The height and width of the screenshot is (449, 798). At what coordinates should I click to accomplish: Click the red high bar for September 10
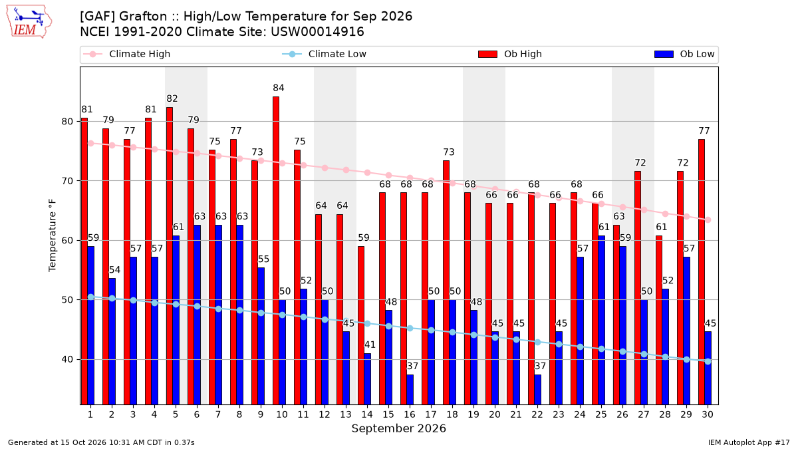pyautogui.click(x=276, y=251)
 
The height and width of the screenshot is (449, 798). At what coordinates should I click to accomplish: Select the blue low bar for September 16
pyautogui.click(x=410, y=390)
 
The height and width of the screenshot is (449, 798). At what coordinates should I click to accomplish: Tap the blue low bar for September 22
pyautogui.click(x=537, y=390)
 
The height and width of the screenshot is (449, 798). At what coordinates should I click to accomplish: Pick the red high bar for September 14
pyautogui.click(x=361, y=325)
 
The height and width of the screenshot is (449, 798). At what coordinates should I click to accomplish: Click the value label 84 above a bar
pyautogui.click(x=279, y=88)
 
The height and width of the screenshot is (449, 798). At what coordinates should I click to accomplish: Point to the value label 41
pyautogui.click(x=370, y=345)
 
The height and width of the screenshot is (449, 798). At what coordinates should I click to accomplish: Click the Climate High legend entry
pyautogui.click(x=127, y=54)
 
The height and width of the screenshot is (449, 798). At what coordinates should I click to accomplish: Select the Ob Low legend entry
pyautogui.click(x=684, y=54)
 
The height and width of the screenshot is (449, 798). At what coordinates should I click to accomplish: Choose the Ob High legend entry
pyautogui.click(x=510, y=54)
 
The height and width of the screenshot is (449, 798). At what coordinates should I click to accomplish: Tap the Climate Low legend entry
pyautogui.click(x=325, y=54)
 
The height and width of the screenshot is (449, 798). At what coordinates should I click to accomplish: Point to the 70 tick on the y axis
pyautogui.click(x=67, y=181)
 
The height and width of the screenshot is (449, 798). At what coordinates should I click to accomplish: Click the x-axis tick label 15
pyautogui.click(x=388, y=414)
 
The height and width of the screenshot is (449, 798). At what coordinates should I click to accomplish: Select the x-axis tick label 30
pyautogui.click(x=708, y=414)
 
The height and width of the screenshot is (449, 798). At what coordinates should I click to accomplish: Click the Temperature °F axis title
pyautogui.click(x=53, y=235)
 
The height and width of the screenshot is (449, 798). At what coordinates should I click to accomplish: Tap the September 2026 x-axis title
pyautogui.click(x=398, y=428)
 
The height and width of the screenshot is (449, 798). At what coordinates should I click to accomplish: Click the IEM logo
pyautogui.click(x=29, y=22)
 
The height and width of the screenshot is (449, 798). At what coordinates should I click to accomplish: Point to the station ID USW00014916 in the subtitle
pyautogui.click(x=317, y=32)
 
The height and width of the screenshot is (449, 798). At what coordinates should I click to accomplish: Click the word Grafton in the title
pyautogui.click(x=143, y=17)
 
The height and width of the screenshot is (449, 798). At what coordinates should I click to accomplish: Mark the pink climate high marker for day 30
pyautogui.click(x=708, y=220)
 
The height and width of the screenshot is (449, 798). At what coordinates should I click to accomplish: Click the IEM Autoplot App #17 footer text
pyautogui.click(x=749, y=442)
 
